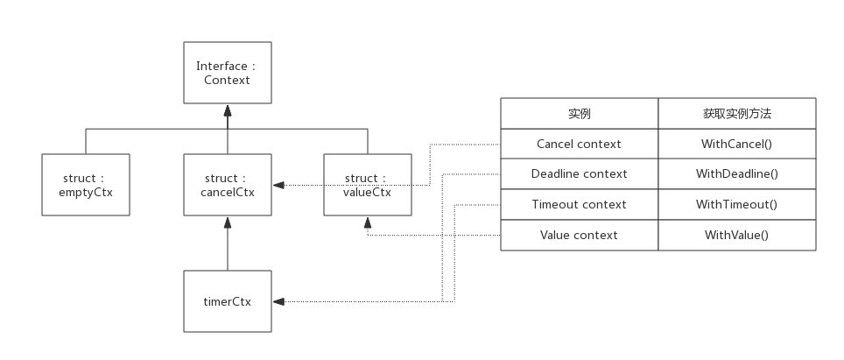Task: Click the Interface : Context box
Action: point(228,73)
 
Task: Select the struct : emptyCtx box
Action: point(86,185)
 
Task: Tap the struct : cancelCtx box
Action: point(228,185)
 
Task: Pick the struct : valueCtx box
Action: point(368,185)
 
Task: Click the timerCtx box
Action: point(228,301)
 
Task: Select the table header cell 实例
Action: point(580,114)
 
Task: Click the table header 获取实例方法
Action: point(737,114)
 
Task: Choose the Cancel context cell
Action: point(580,144)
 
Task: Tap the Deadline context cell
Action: point(580,173)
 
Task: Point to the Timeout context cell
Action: point(580,204)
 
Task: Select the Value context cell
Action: point(580,235)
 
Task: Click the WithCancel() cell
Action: point(737,144)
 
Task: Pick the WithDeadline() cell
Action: point(737,173)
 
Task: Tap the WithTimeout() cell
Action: point(737,204)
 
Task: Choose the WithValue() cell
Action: point(737,235)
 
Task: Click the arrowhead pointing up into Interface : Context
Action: point(228,110)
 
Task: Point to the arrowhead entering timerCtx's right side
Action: point(278,301)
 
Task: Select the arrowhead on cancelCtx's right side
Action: point(278,185)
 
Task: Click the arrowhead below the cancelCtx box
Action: point(228,221)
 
